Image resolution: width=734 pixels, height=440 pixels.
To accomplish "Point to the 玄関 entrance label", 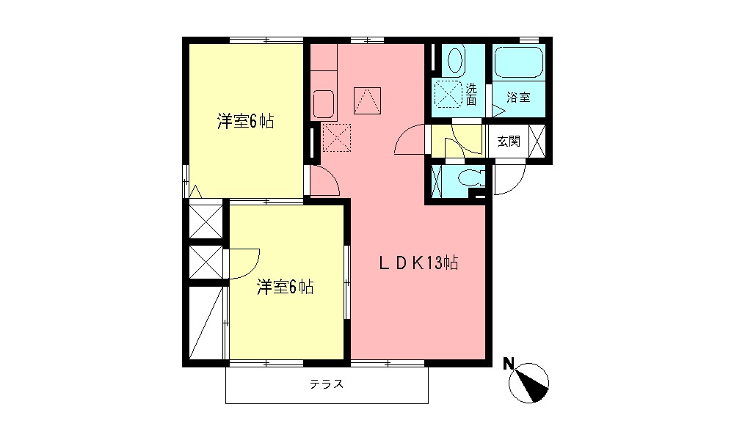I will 509,142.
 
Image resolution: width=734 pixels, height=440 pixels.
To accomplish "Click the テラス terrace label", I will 327,384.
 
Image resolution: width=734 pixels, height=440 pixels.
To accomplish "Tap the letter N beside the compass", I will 507,363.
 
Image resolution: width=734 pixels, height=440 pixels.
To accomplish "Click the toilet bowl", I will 467,178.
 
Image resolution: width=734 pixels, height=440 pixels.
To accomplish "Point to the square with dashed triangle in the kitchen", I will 368,100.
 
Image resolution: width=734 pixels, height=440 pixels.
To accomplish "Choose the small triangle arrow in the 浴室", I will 497,112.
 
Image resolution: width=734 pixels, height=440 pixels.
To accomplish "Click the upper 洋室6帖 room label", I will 245,122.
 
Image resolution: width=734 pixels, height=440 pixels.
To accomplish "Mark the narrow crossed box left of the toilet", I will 437,180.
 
